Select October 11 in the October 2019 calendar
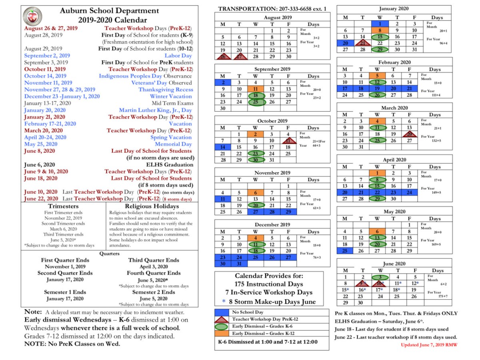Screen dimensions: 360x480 coord(288,141)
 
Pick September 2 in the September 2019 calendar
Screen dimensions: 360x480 coord(222,82)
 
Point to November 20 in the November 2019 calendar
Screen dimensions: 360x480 coord(255,205)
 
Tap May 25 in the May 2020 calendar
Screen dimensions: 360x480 coord(344,251)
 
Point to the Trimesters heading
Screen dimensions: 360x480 coord(66,206)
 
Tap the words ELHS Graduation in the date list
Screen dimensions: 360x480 coord(170,164)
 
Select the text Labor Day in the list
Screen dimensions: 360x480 coord(178,56)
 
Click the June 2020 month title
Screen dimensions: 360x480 coord(394,264)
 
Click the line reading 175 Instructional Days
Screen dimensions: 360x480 coord(269,284)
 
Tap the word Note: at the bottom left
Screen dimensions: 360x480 coord(33,312)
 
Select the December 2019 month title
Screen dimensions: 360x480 coord(272,224)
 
